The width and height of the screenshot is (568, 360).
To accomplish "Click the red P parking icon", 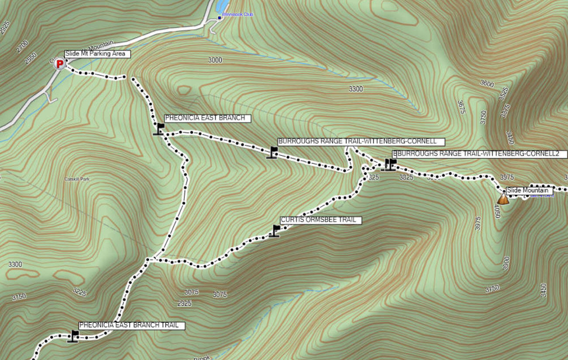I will [59, 64].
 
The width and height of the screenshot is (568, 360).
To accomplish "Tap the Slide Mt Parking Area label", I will [97, 54].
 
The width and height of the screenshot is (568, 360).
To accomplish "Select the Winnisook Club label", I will [237, 14].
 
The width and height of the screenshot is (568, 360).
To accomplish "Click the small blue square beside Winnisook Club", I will [220, 18].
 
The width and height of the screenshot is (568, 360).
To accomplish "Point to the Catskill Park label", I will [77, 179].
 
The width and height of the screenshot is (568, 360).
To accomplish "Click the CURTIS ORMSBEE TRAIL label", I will [320, 220].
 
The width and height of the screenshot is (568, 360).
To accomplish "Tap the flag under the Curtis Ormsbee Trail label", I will [275, 230].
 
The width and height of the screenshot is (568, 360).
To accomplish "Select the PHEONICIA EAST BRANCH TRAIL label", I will [131, 326].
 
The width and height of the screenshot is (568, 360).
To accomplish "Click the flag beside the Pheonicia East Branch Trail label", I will [73, 336].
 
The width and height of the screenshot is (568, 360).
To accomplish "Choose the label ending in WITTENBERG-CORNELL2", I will [479, 154].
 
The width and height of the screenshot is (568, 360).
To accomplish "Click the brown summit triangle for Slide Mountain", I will [503, 199].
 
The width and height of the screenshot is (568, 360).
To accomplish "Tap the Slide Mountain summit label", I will [529, 191].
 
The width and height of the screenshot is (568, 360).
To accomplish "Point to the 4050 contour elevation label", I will [496, 212].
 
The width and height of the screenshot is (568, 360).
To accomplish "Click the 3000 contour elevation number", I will [215, 60].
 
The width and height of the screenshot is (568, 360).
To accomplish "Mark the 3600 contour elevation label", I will [487, 83].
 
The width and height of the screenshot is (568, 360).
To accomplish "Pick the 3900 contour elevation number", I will [506, 264].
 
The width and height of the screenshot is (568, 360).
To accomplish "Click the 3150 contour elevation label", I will [19, 297].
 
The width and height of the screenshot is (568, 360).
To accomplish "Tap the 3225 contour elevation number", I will [80, 291].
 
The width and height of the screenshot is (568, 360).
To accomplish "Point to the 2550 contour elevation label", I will [31, 58].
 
